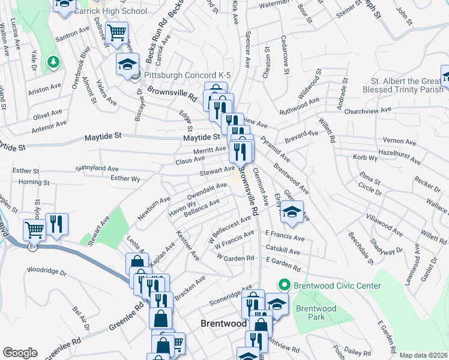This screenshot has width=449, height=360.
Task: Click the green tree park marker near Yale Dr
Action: (x=53, y=61)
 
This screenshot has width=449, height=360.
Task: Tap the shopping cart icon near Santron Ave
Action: (x=116, y=31)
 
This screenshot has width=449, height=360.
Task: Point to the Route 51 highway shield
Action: (x=31, y=246)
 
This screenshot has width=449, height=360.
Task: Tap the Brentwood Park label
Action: (x=316, y=312)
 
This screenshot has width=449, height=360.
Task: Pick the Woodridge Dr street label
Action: (x=46, y=272)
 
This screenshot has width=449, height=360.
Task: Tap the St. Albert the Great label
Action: (x=404, y=80)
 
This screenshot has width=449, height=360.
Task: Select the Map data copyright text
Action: (x=424, y=355)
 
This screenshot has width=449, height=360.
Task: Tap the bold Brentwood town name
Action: (x=223, y=323)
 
